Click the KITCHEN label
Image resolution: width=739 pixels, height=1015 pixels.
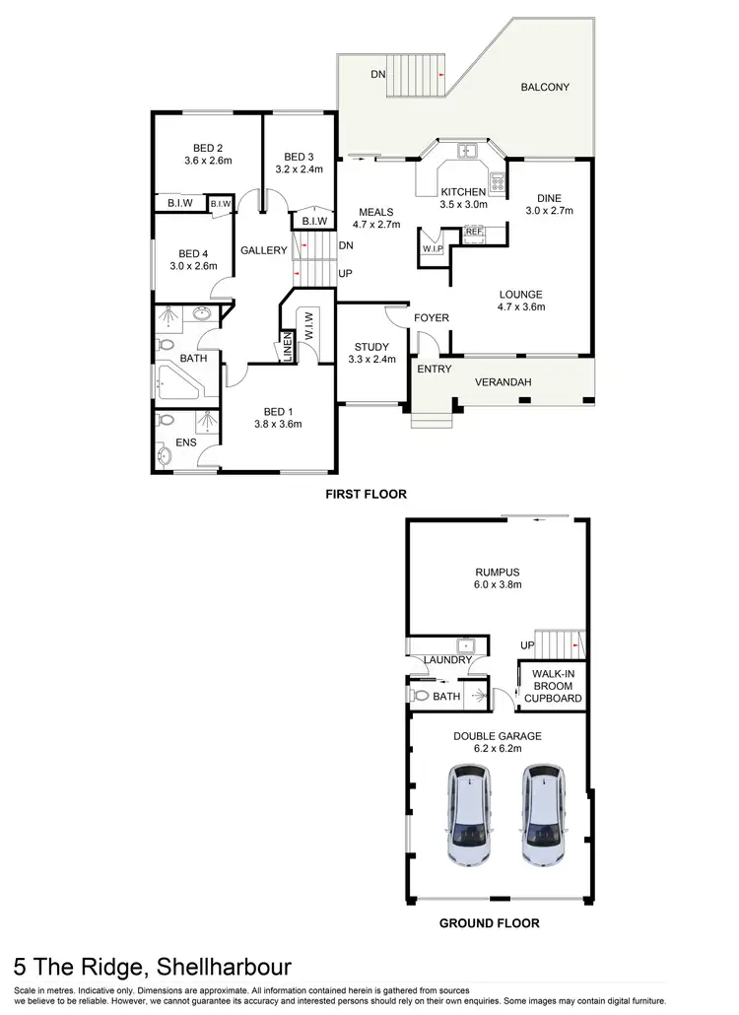coord(462,191)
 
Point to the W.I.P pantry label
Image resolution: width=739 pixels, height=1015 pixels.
coord(434,248)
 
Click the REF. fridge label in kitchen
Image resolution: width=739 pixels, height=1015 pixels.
coord(474,232)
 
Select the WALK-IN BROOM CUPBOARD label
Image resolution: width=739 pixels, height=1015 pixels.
coord(553,686)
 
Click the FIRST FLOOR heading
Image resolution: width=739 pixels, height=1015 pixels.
coord(366,494)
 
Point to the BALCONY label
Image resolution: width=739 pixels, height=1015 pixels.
coord(545,87)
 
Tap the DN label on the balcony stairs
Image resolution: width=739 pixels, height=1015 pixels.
coord(378,74)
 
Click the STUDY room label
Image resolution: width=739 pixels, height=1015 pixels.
coord(371,346)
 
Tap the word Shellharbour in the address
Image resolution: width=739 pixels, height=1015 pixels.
coord(217,967)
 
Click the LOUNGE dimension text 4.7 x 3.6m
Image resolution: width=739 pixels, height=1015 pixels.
coord(521,306)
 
